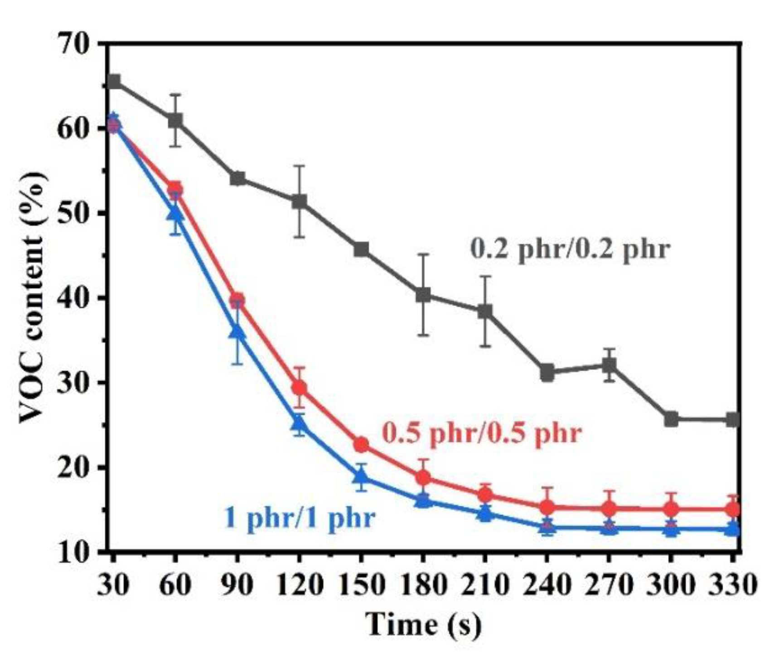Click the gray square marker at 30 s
(x=113, y=82)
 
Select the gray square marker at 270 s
(x=609, y=365)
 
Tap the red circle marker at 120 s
(x=299, y=388)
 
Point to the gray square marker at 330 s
(x=733, y=420)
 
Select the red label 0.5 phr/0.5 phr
(x=482, y=433)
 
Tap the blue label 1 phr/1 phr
(x=300, y=517)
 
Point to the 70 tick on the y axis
(x=80, y=44)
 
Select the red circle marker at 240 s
(x=547, y=507)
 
